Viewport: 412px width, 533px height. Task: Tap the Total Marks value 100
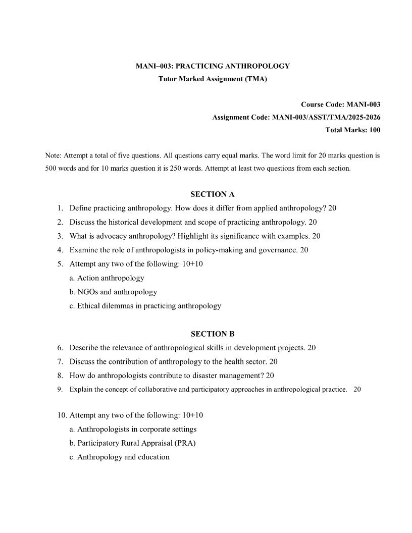click(x=374, y=130)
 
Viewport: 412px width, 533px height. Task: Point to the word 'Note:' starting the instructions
click(x=52, y=155)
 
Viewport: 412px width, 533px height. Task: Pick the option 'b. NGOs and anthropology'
click(x=113, y=292)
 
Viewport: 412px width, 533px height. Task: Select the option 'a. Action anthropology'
click(x=107, y=278)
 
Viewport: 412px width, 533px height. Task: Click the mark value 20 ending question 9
click(x=357, y=390)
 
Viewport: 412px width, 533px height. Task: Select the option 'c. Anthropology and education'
click(x=119, y=457)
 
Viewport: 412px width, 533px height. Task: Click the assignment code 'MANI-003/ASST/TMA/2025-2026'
click(x=326, y=118)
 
